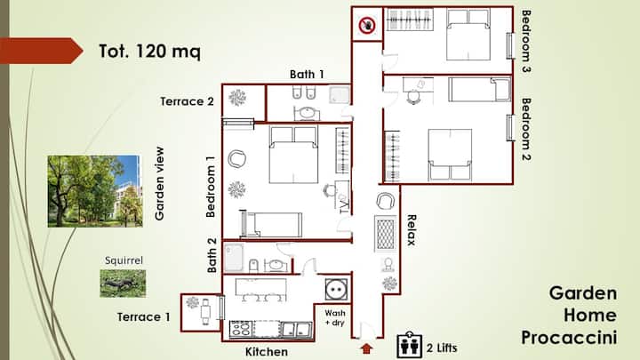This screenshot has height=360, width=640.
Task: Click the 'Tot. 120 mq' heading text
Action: pos(150,52)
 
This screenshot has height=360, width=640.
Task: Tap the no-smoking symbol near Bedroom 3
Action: pos(367,25)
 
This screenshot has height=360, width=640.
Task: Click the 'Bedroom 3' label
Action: pos(526,41)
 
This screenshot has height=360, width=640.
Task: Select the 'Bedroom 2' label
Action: pos(526,130)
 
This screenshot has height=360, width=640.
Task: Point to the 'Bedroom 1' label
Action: pos(211,187)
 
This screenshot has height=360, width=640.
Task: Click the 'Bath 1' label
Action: pos(307,75)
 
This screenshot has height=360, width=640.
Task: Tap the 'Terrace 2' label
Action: pos(187,101)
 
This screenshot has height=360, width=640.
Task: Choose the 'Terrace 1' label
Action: pos(143,316)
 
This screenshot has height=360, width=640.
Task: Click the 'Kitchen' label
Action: pos(267,351)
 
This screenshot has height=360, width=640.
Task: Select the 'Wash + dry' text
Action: pos(335,317)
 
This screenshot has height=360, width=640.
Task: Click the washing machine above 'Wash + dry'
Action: pos(336,289)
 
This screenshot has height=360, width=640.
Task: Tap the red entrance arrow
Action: pos(367,348)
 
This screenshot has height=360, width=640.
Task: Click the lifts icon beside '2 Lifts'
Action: pos(410,345)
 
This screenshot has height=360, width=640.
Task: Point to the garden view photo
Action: pos(95,191)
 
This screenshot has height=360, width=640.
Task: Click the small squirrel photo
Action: pos(123,284)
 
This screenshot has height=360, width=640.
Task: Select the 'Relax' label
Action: pos(412,230)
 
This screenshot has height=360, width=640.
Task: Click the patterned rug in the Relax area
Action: pos(385,234)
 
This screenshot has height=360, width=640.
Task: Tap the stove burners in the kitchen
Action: pos(241,329)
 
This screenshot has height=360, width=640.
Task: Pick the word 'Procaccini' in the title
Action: pos(569,338)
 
